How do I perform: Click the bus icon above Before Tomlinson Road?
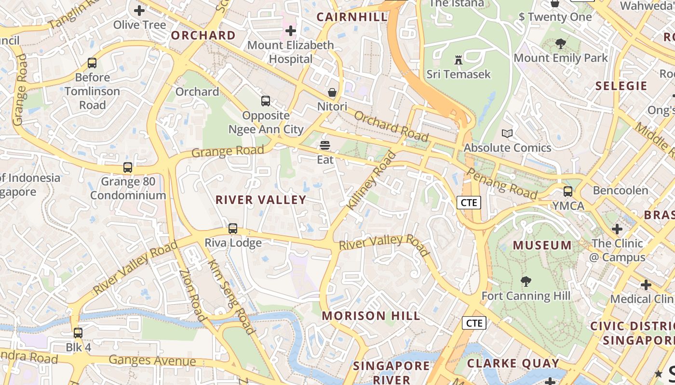pyautogui.click(x=92, y=63)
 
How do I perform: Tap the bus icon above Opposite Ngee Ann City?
pyautogui.click(x=266, y=101)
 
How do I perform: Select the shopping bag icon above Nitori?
pyautogui.click(x=332, y=92)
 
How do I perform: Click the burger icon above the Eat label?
pyautogui.click(x=325, y=145)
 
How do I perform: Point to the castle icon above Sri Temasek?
pyautogui.click(x=458, y=60)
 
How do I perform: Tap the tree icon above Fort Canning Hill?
pyautogui.click(x=526, y=282)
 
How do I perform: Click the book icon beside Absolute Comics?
pyautogui.click(x=507, y=133)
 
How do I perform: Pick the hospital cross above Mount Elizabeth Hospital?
pyautogui.click(x=290, y=31)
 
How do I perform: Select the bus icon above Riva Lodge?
pyautogui.click(x=233, y=229)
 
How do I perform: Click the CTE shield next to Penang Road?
pyautogui.click(x=469, y=203)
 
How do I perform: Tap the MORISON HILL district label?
pyautogui.click(x=371, y=316)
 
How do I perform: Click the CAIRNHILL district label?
pyautogui.click(x=352, y=17)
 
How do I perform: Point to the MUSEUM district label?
pyautogui.click(x=542, y=245)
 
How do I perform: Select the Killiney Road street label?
pyautogui.click(x=371, y=180)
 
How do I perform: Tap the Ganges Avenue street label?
pyautogui.click(x=152, y=360)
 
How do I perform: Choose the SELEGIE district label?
pyautogui.click(x=621, y=86)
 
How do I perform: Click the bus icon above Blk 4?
pyautogui.click(x=78, y=333)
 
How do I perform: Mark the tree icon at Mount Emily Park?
pyautogui.click(x=560, y=44)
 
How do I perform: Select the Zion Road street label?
pyautogui.click(x=192, y=295)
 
